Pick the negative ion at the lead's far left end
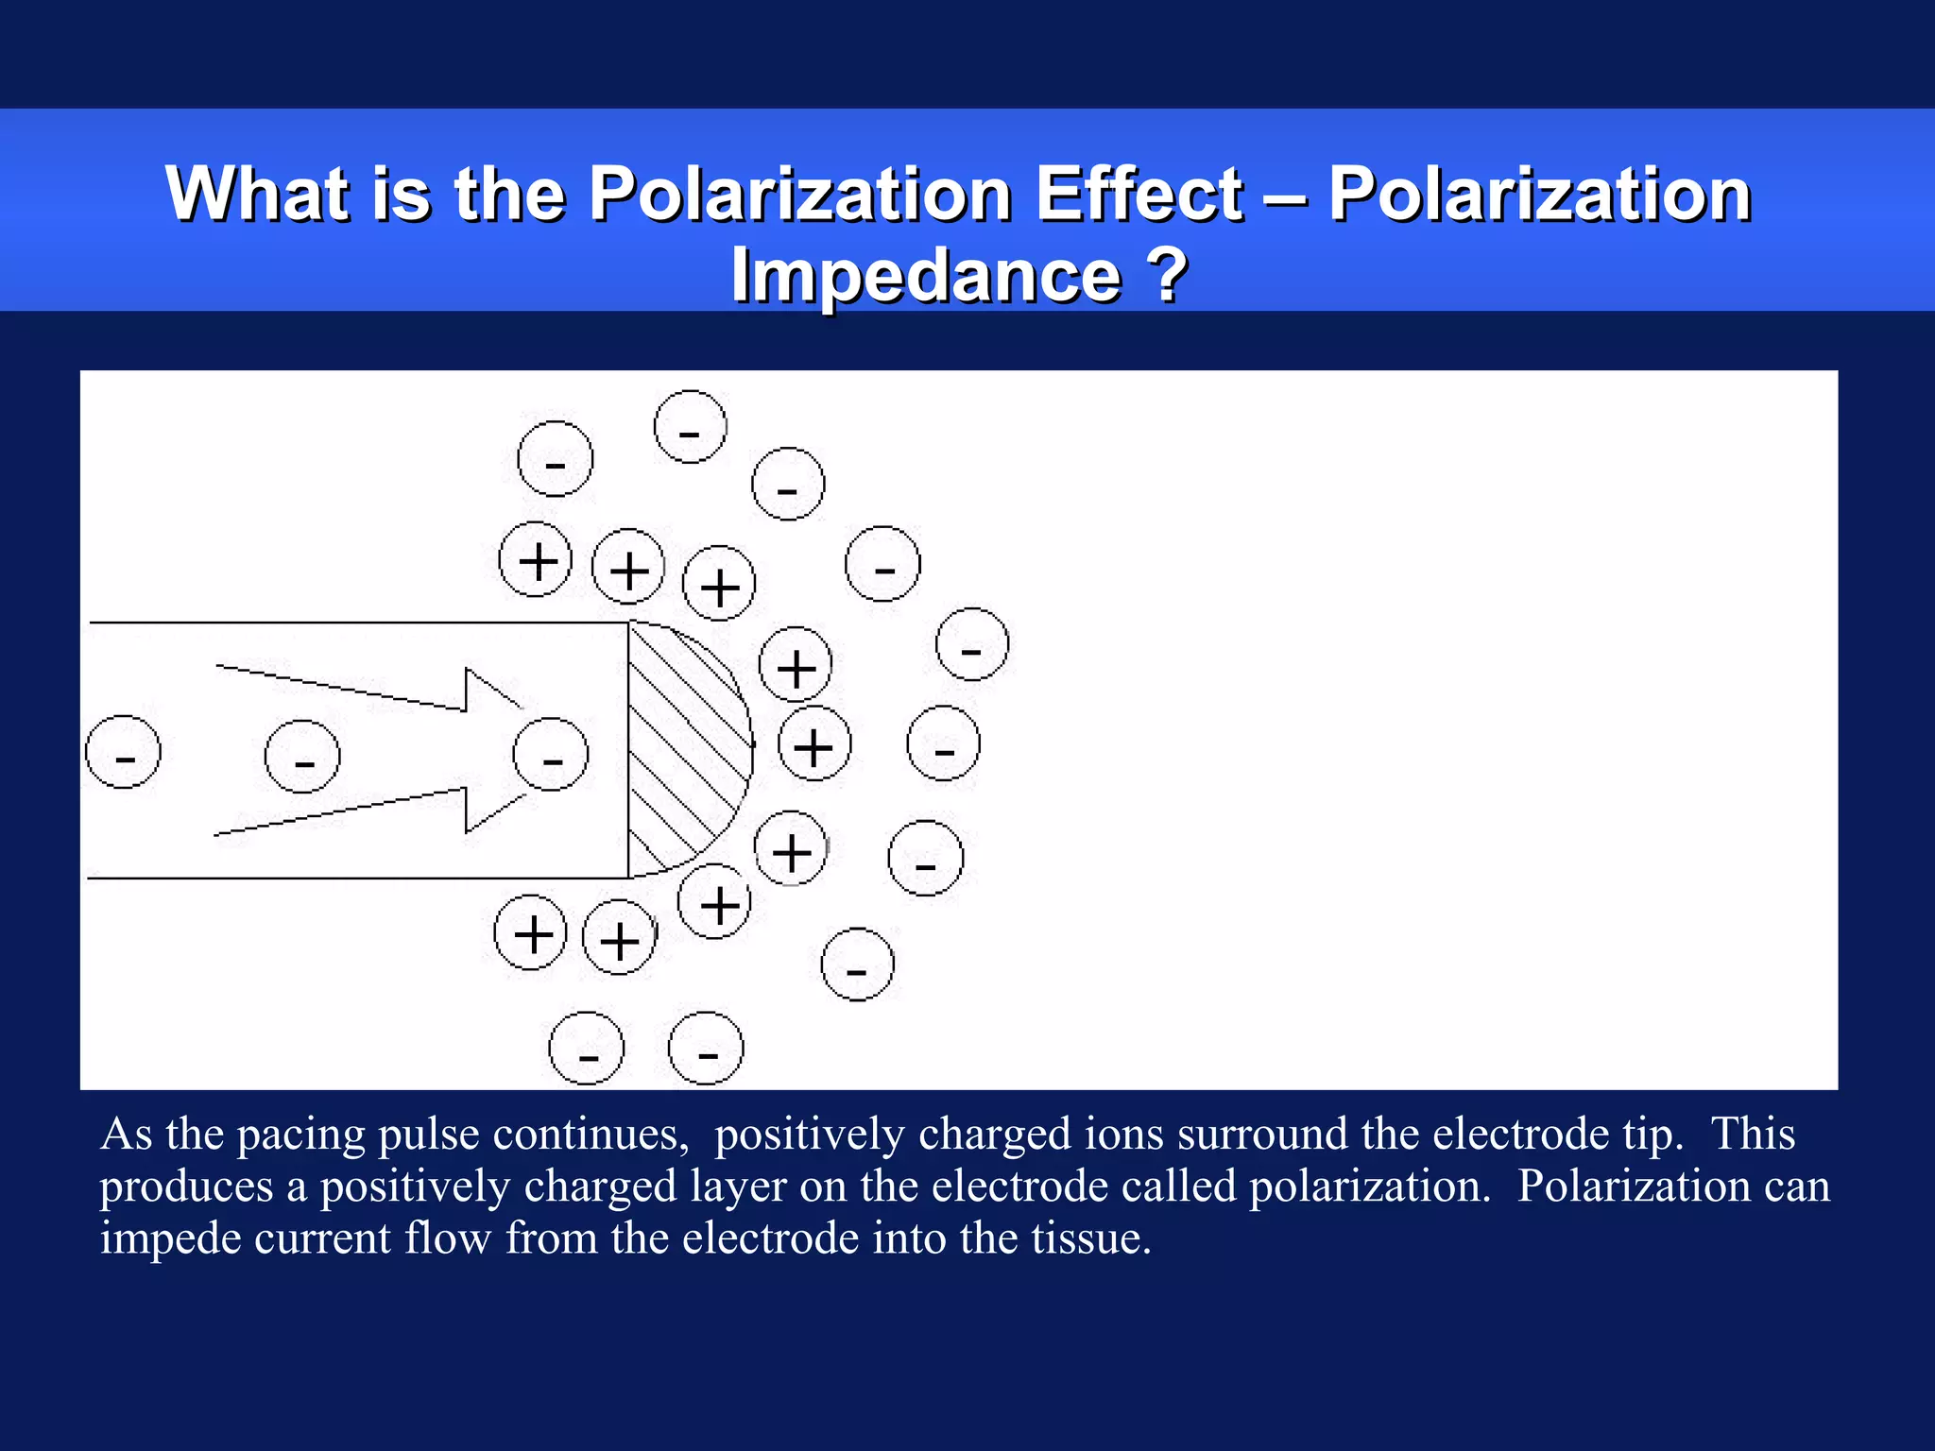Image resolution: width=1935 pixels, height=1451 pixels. [123, 753]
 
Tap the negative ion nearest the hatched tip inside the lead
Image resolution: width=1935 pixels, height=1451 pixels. [551, 754]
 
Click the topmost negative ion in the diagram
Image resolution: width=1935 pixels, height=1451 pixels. [691, 427]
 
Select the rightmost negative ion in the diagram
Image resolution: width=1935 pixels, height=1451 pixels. [972, 644]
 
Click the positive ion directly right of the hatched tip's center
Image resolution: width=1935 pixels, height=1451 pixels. [814, 743]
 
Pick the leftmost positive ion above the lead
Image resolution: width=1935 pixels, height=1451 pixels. [536, 559]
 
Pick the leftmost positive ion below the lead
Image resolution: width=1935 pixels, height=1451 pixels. [531, 932]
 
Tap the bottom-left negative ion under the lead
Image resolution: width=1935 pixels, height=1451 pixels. [587, 1049]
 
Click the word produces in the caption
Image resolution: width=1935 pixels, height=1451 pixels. [186, 1187]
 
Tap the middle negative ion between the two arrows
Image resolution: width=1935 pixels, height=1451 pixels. [302, 756]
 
